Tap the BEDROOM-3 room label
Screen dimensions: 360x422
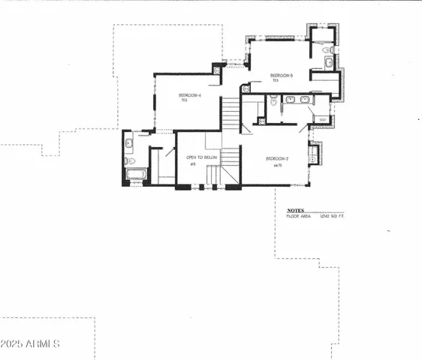pyautogui.click(x=281, y=76)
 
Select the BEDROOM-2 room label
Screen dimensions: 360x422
pyautogui.click(x=277, y=159)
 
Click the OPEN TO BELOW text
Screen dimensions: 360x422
pyautogui.click(x=202, y=157)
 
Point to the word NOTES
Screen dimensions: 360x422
pyautogui.click(x=296, y=211)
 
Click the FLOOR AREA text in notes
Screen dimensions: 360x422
pyautogui.click(x=300, y=217)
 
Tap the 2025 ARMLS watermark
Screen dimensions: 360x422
pyautogui.click(x=30, y=343)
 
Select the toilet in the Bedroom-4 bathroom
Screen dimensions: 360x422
pyautogui.click(x=129, y=160)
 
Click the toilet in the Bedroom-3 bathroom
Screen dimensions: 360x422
pyautogui.click(x=327, y=49)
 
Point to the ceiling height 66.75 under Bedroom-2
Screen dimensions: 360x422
pyautogui.click(x=277, y=166)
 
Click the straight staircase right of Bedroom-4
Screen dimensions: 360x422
pyautogui.click(x=230, y=112)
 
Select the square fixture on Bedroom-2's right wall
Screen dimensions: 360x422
pyautogui.click(x=313, y=156)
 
